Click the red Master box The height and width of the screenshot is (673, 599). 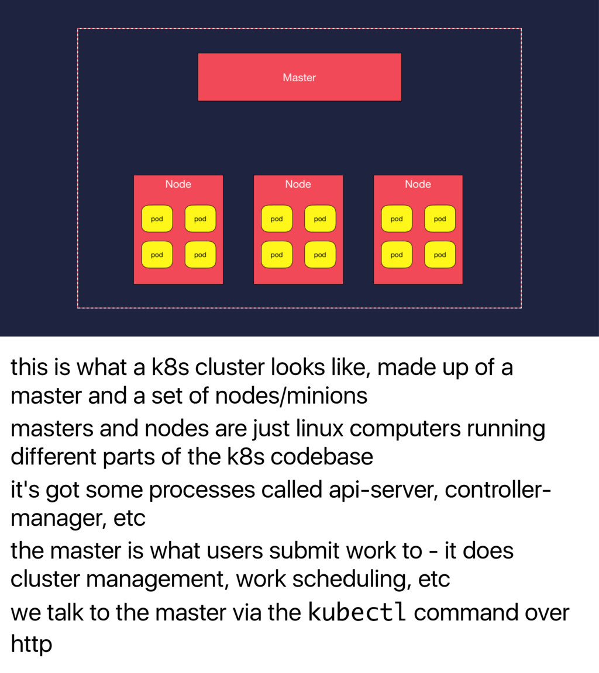tap(299, 77)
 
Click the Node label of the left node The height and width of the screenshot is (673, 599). tap(178, 184)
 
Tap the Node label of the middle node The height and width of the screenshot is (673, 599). tap(298, 184)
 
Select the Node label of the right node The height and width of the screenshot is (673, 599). tap(418, 184)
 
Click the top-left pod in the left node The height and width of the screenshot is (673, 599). tap(157, 219)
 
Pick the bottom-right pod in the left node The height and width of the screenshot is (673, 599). tap(200, 255)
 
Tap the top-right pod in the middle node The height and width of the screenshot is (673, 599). tap(320, 219)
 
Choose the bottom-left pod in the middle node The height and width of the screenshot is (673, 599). tap(277, 255)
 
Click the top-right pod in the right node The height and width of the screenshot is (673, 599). tap(440, 219)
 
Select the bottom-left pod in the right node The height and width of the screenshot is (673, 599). tap(397, 255)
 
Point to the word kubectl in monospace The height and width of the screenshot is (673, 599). tap(357, 612)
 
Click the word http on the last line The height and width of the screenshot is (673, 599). tap(32, 644)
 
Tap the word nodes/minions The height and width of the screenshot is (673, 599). tap(291, 396)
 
